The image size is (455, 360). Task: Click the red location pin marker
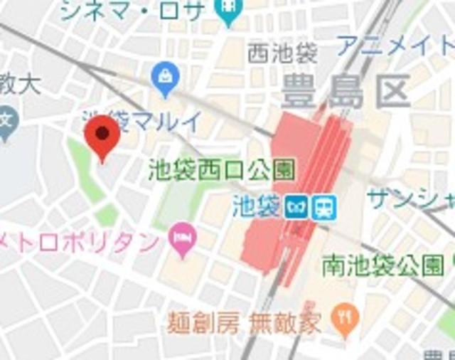101,135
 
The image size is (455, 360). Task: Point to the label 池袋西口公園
222,169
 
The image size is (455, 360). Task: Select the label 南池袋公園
382,267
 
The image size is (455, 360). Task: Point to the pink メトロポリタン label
80,241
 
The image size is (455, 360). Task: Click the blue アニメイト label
395,46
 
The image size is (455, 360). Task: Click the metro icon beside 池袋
294,208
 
